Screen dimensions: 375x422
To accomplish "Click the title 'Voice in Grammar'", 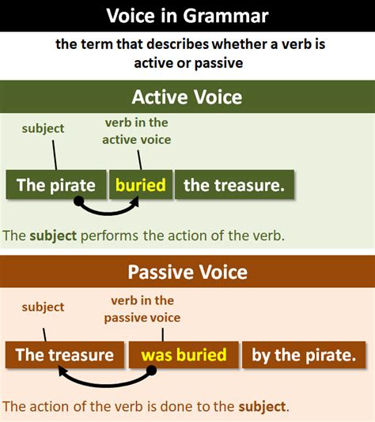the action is [187, 16].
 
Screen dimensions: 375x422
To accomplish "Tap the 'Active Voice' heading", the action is [187, 97].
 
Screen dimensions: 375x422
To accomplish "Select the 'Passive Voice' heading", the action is [187, 272].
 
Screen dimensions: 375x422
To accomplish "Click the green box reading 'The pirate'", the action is [56, 185].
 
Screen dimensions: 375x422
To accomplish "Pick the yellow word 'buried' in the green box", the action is [140, 185].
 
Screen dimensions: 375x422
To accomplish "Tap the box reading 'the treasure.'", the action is [234, 185].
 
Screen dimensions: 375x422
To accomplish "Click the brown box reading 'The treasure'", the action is [65, 355].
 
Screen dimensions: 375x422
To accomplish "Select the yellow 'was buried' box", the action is [184, 355].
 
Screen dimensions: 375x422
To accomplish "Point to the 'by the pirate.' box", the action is [304, 355].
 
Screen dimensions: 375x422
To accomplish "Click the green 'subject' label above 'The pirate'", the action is [43, 128].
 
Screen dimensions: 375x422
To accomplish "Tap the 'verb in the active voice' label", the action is [137, 131].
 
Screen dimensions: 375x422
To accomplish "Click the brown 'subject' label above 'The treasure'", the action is [43, 307].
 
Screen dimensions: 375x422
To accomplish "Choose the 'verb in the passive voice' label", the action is [142, 309].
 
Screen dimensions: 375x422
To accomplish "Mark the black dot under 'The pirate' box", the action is [78, 201].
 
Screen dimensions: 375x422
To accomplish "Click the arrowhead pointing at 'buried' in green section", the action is [135, 202].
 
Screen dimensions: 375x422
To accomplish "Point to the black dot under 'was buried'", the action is [151, 371].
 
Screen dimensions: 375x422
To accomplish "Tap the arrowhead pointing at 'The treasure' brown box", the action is [62, 371].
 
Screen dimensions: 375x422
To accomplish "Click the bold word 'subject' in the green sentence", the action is [53, 235].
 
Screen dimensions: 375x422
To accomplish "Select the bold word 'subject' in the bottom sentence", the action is [262, 407].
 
